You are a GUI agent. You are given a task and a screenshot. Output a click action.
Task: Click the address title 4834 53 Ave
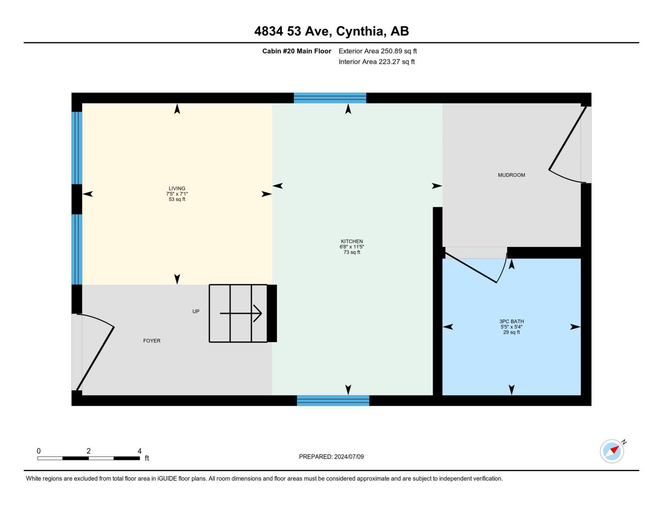point(331,31)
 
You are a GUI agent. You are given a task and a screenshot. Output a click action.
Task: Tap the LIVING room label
point(177,188)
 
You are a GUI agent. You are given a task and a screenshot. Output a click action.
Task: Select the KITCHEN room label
point(352,241)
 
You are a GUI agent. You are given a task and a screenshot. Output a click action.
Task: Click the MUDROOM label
point(511,175)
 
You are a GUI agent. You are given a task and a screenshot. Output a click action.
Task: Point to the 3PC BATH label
point(511,321)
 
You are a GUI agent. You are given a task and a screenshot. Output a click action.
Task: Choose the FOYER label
point(152,340)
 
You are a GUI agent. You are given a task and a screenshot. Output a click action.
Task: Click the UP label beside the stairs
point(196,311)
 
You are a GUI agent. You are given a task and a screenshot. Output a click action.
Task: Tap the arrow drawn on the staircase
point(241,314)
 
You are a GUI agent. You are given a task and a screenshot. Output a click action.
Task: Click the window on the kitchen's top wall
point(330,98)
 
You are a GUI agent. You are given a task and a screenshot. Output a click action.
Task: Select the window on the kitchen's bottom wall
point(333,400)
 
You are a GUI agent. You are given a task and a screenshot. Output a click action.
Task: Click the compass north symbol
point(612,451)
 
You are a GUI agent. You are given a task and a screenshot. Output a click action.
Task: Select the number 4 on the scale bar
point(139,451)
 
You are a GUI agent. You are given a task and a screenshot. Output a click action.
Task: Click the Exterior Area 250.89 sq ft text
point(377,51)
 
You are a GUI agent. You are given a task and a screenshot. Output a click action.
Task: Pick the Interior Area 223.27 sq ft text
point(377,62)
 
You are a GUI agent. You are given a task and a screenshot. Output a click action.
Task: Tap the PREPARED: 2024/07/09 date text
point(331,457)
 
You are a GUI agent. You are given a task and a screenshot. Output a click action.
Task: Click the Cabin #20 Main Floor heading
point(296,51)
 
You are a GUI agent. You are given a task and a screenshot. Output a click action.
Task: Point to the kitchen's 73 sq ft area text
point(352,252)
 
